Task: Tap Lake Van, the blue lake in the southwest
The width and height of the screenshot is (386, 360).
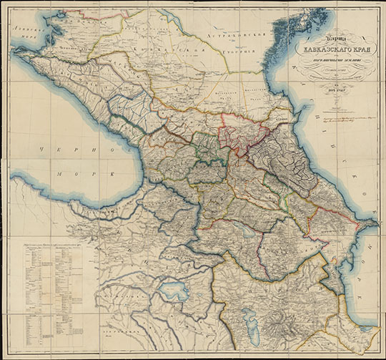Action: click(169, 292)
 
